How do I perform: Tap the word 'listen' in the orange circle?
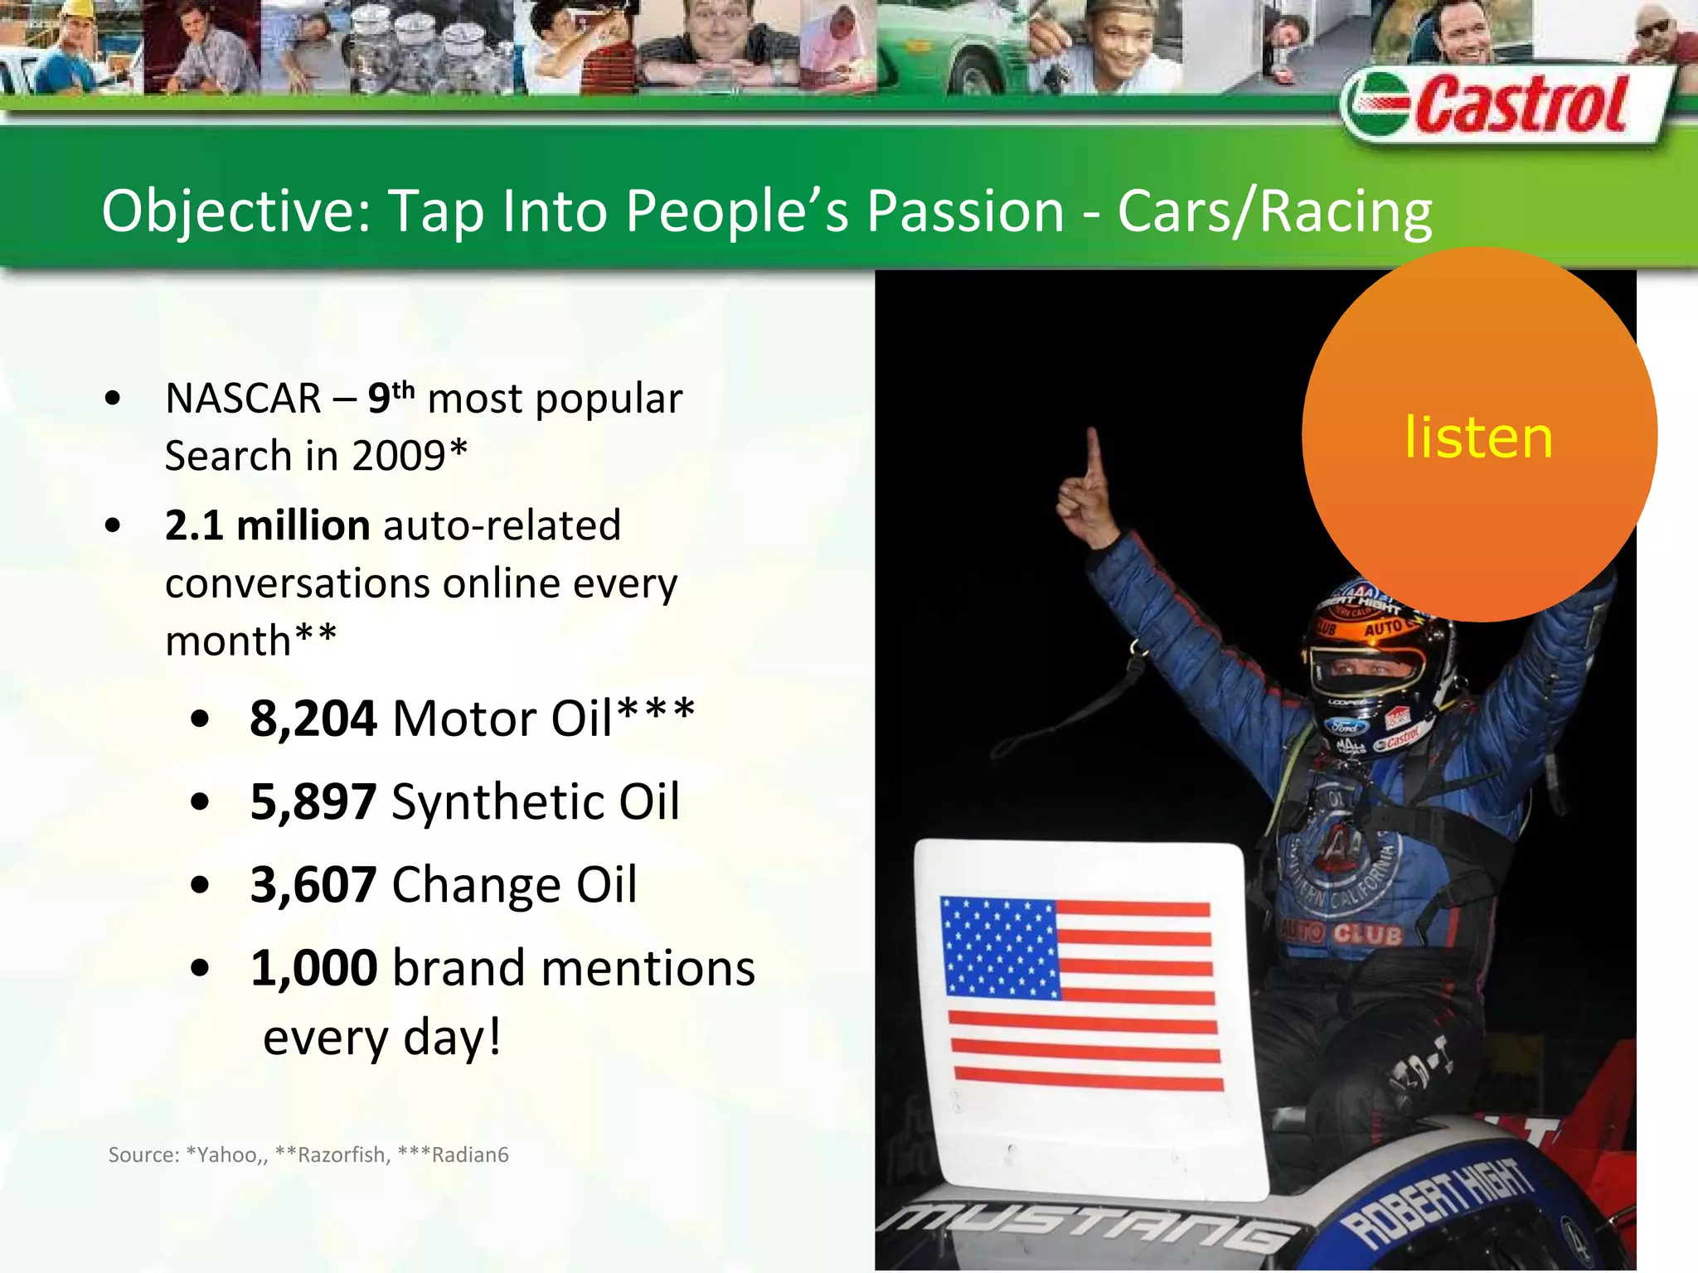[x=1478, y=438]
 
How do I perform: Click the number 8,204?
[x=313, y=718]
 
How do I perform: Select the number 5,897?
[x=313, y=801]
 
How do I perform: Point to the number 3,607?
[x=313, y=884]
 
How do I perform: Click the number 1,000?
[x=313, y=967]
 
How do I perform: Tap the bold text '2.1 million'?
[x=267, y=525]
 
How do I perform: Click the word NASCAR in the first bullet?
[x=243, y=399]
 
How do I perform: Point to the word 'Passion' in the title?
[x=965, y=211]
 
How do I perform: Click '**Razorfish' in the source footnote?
[x=332, y=1154]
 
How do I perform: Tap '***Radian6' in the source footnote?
[x=453, y=1154]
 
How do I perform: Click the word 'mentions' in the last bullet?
[x=647, y=967]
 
